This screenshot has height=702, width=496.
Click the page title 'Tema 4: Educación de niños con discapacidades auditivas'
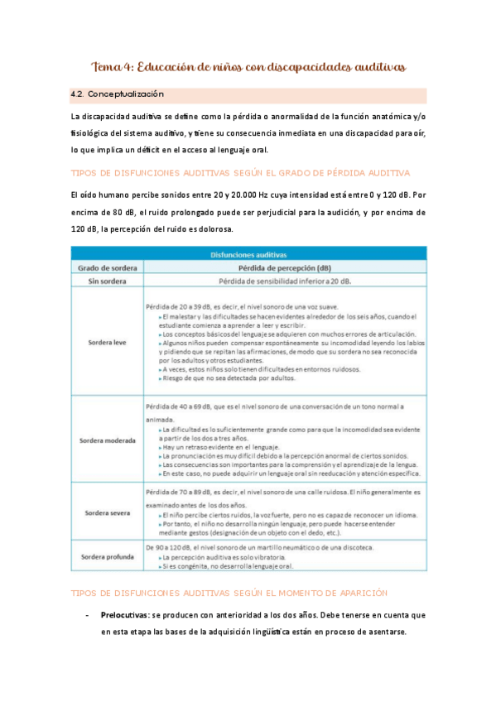point(248,66)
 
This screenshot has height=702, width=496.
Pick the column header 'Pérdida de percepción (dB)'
point(284,268)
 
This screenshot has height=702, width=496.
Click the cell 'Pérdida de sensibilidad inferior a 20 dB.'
point(284,282)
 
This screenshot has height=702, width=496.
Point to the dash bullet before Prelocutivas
point(88,616)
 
